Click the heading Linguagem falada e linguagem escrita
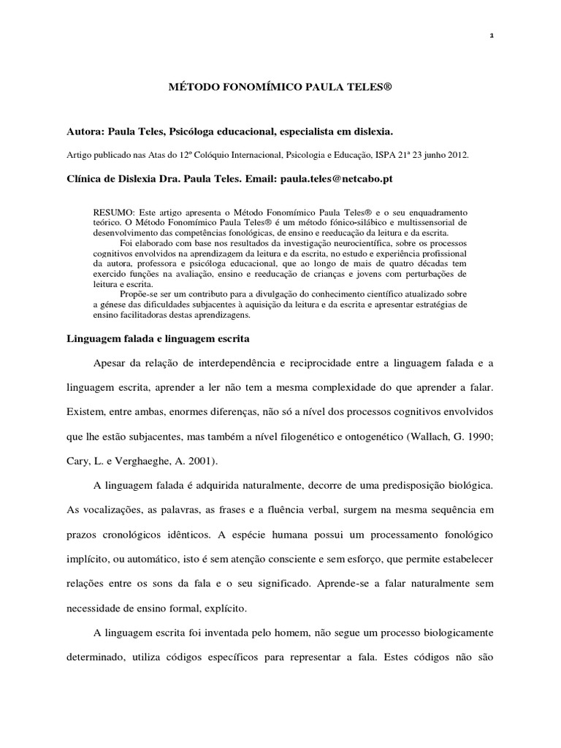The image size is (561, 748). coord(159,339)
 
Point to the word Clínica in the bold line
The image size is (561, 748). coord(83,178)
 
